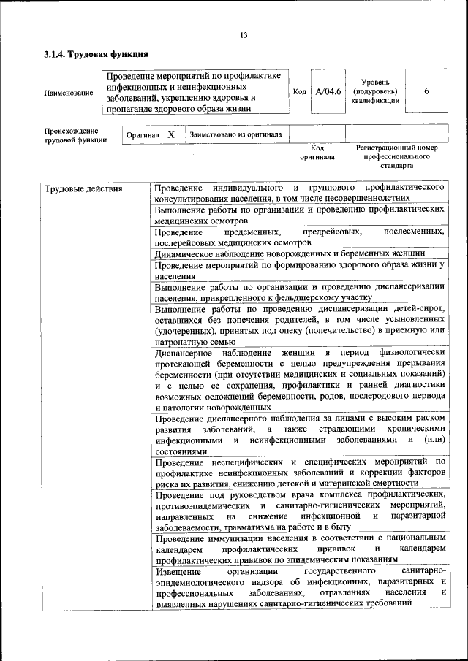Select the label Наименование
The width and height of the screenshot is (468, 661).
[69, 93]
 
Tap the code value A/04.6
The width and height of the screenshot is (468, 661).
[328, 92]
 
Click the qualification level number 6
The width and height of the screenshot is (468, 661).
[426, 91]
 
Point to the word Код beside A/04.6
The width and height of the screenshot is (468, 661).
[299, 92]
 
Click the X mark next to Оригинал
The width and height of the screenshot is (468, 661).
[171, 135]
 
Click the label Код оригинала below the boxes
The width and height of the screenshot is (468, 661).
[317, 152]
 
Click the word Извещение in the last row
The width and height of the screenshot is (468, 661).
[179, 570]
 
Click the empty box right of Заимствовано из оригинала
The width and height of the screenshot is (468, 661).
[317, 134]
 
